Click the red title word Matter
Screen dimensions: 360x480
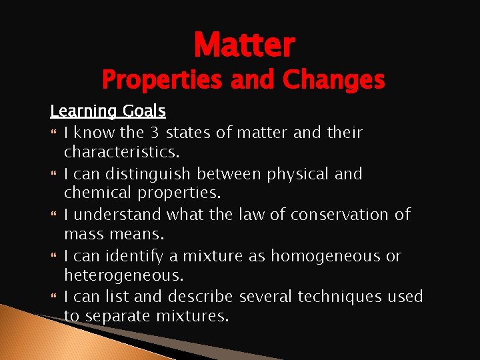(x=244, y=46)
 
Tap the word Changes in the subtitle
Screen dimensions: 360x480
(x=333, y=81)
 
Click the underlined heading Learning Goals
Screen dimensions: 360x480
(x=108, y=111)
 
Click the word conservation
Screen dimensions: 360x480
(x=339, y=215)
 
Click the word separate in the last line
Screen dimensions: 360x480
(x=117, y=317)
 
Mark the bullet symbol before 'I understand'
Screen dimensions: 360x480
(x=54, y=215)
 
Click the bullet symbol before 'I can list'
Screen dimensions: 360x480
(x=54, y=297)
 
